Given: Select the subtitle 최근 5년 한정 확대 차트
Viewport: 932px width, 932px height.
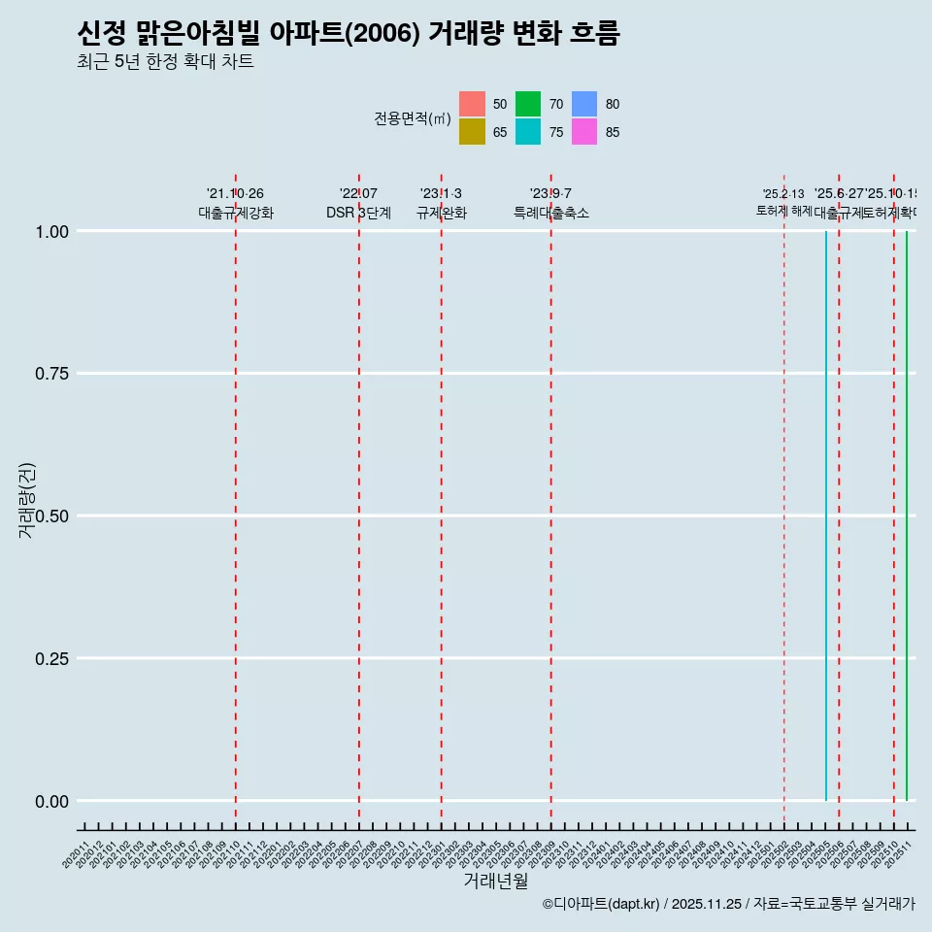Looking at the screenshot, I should click(x=165, y=62).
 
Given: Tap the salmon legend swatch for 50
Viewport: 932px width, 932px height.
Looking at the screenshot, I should click(x=472, y=104).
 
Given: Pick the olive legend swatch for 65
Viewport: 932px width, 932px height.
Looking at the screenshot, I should click(x=472, y=132).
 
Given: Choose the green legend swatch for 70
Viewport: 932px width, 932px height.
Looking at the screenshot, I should click(x=528, y=104).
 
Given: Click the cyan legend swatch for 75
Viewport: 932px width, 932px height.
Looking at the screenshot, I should click(x=528, y=132).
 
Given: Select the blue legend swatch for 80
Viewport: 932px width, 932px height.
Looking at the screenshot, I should click(x=584, y=104).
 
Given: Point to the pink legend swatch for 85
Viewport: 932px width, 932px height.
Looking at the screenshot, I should click(x=584, y=132).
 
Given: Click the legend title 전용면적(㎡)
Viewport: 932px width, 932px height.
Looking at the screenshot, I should click(x=413, y=118).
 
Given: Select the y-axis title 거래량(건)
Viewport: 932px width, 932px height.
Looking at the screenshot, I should click(x=28, y=500).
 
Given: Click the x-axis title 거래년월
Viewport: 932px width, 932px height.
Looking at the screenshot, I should click(x=496, y=881).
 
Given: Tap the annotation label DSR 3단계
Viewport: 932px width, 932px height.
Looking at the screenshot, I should click(x=358, y=213).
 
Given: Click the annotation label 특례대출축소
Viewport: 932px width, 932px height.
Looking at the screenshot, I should click(x=550, y=213).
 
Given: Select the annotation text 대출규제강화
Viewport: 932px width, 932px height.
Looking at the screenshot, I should click(x=236, y=213).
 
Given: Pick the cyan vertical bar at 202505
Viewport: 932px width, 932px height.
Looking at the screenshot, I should click(x=826, y=515).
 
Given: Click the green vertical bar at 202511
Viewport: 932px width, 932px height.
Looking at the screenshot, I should click(x=907, y=515).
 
